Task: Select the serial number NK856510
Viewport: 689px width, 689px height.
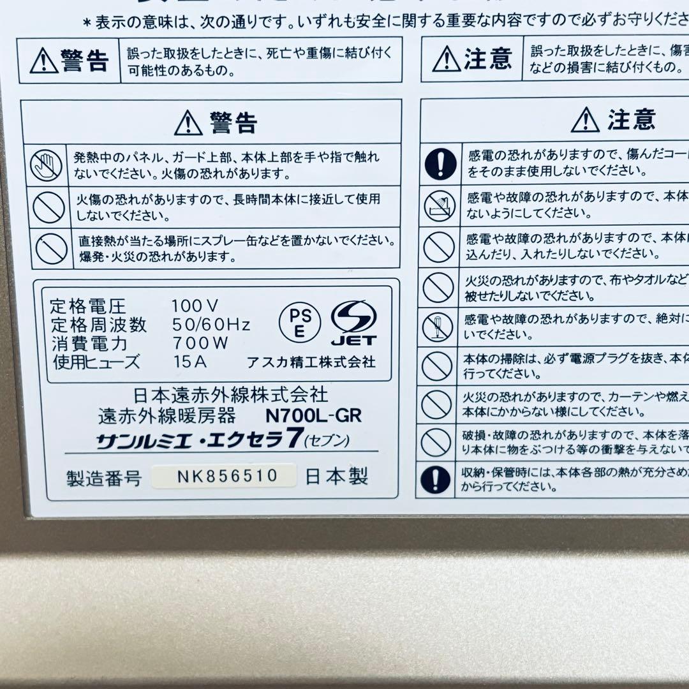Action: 223,476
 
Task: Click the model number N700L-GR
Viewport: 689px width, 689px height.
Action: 313,416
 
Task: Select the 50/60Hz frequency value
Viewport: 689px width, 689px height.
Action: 211,324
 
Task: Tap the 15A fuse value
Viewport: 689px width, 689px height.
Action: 190,361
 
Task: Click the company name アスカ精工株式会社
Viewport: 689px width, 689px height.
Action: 311,362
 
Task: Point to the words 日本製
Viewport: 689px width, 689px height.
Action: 336,477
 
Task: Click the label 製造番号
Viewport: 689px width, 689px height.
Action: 103,478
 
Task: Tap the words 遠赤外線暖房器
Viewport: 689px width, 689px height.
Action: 167,417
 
